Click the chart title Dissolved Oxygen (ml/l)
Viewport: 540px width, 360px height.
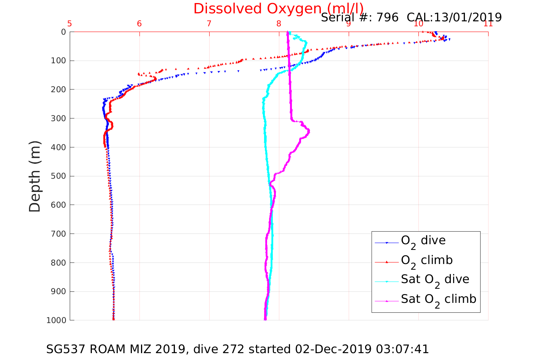[278, 8]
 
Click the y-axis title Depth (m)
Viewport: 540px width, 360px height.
[35, 176]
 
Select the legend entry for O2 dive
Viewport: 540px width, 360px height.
[423, 241]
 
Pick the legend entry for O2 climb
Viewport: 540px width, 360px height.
[426, 261]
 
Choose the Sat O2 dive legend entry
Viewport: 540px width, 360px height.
[435, 280]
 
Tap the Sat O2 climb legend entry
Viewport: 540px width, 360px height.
[438, 299]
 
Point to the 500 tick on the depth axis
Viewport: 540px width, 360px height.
[58, 176]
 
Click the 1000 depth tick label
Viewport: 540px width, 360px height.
[56, 320]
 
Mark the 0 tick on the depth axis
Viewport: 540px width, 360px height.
[63, 32]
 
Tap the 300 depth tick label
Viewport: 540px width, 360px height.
[58, 118]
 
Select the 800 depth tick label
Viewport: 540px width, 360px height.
[58, 263]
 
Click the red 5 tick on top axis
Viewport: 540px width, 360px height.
[70, 24]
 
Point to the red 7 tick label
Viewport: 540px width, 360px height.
[209, 24]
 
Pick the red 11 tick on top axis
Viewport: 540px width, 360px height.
[488, 24]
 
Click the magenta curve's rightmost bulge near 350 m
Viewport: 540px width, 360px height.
[309, 131]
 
